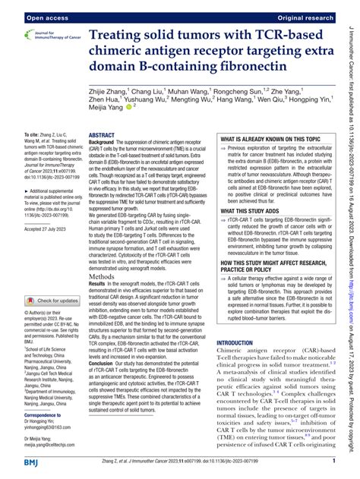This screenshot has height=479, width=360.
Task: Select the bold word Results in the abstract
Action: pyautogui.click(x=101, y=269)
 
